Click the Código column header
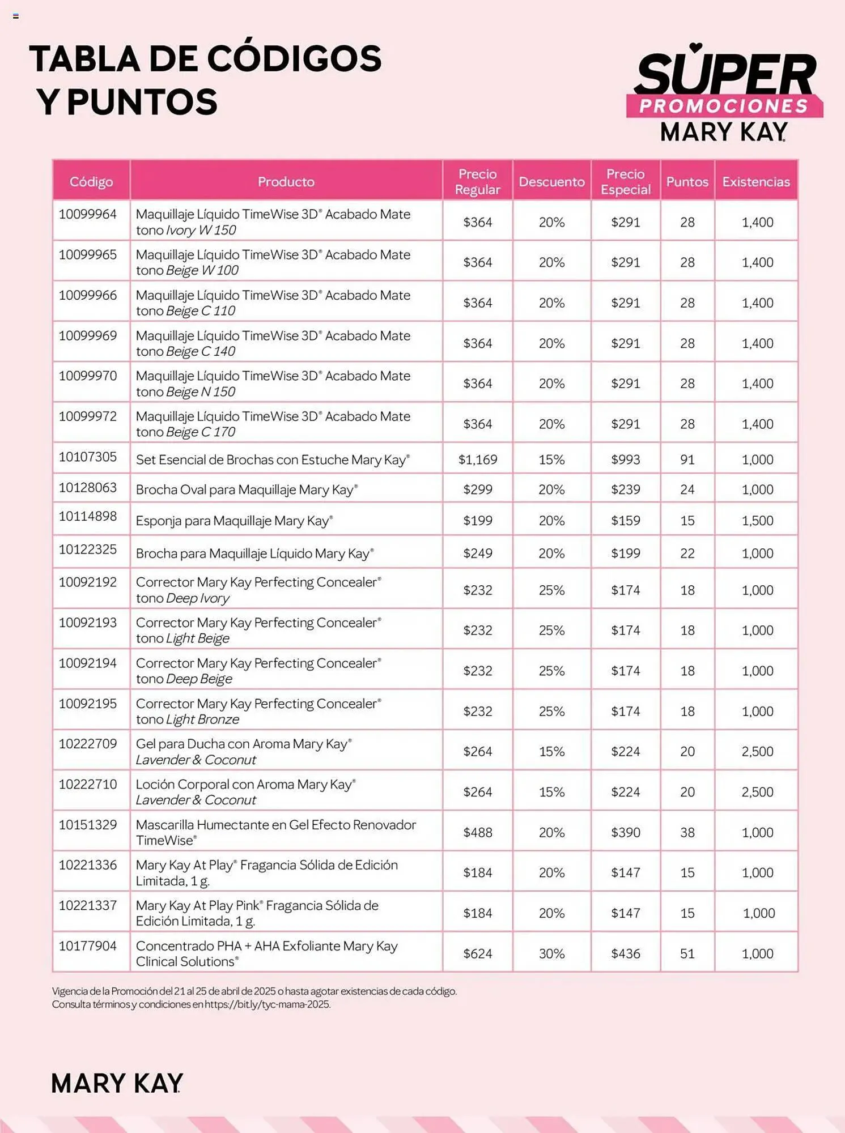click(91, 182)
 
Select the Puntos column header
click(687, 182)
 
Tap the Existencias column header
click(755, 182)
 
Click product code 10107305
click(88, 457)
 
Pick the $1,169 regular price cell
click(478, 459)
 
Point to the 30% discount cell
click(551, 953)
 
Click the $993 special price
click(625, 459)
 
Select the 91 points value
click(687, 459)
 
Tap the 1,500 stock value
click(757, 521)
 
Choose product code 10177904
click(88, 946)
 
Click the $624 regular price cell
click(478, 953)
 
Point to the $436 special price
click(625, 953)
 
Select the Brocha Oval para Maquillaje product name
click(247, 490)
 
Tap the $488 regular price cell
click(478, 832)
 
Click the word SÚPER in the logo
click(726, 74)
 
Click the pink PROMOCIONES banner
click(724, 106)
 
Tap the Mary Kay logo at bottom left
click(117, 1083)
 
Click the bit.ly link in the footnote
click(267, 1004)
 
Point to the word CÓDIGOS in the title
click(294, 59)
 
